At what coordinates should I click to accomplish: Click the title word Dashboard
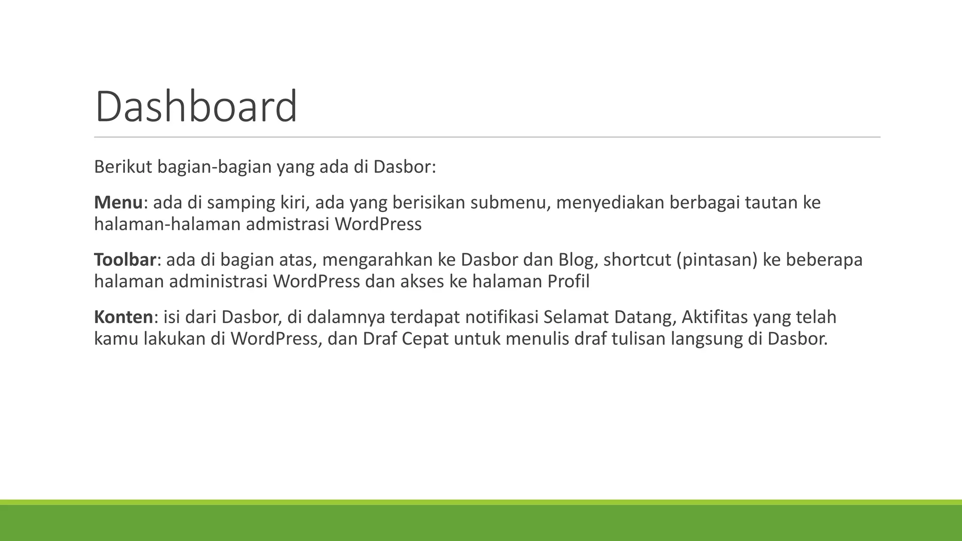click(x=196, y=107)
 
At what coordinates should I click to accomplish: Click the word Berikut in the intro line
click(x=123, y=167)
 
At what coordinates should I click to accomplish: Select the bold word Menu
click(x=118, y=202)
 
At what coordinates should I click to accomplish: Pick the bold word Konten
click(x=124, y=317)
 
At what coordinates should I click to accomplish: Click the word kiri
click(x=295, y=202)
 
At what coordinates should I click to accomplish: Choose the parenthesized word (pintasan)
click(x=717, y=260)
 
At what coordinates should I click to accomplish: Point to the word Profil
click(x=568, y=281)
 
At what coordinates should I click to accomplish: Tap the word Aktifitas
click(x=714, y=317)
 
